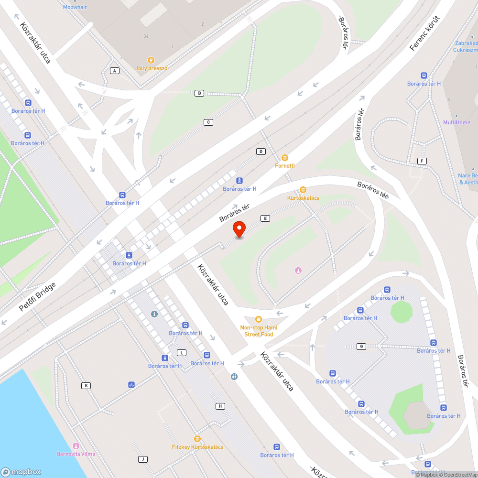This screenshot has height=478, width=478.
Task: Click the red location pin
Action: click(239, 229)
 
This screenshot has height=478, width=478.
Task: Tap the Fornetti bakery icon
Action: click(285, 158)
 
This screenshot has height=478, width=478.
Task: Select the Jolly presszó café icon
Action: click(151, 60)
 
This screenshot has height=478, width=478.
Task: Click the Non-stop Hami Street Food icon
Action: click(259, 319)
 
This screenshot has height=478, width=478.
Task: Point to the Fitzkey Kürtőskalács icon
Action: click(197, 439)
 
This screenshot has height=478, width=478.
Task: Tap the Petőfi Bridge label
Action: click(38, 297)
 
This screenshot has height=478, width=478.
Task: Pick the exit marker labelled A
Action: click(114, 71)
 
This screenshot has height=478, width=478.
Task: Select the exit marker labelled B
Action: click(200, 93)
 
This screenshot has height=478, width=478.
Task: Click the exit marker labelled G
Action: click(361, 346)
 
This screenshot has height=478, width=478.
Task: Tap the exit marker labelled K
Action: click(86, 385)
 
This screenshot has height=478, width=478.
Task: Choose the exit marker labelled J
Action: click(142, 459)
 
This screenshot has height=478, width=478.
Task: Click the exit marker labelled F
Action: click(422, 161)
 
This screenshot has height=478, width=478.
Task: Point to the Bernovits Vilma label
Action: click(76, 454)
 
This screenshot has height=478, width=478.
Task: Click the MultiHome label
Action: click(456, 122)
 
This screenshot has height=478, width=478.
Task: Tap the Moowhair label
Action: click(75, 7)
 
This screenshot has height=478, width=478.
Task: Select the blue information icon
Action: click(154, 314)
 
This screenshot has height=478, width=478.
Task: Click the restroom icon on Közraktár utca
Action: click(233, 376)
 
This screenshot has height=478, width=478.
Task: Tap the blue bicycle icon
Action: click(131, 384)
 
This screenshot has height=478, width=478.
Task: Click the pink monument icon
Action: click(298, 271)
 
